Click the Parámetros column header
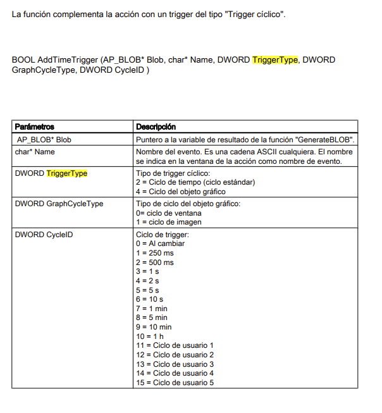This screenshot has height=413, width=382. (x=34, y=127)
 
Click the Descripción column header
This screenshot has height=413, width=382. (x=156, y=127)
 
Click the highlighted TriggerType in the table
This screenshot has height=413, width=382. (x=67, y=173)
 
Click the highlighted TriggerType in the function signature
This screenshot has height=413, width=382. (x=275, y=60)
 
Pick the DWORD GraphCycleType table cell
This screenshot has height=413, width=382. (x=59, y=204)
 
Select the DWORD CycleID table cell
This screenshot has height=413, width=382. (x=43, y=234)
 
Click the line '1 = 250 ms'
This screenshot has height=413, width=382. (x=155, y=252)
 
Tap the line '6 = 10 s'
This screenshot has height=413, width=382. (x=149, y=299)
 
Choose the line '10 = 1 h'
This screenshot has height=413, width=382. (x=150, y=336)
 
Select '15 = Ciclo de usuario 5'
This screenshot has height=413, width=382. (x=175, y=382)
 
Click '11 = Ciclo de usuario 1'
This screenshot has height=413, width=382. (x=175, y=345)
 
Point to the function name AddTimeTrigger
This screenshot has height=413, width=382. (x=67, y=60)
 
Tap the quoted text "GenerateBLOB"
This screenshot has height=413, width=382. (x=324, y=139)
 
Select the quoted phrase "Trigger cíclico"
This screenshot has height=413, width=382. (x=256, y=13)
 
